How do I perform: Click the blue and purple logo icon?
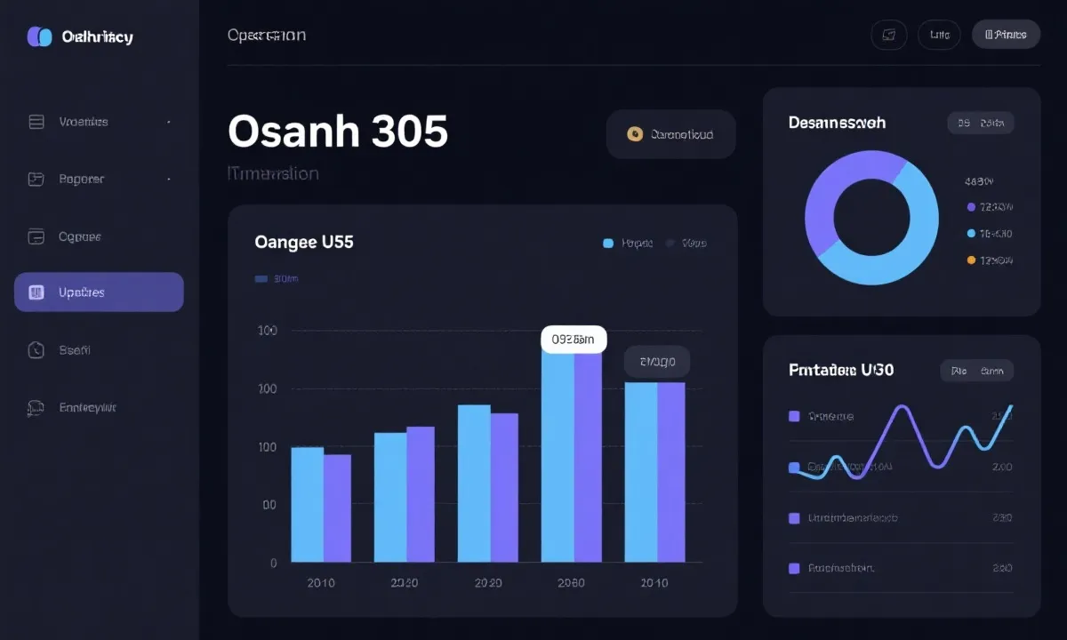(x=40, y=36)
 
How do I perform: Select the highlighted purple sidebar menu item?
(x=99, y=292)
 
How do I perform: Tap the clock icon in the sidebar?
(x=36, y=350)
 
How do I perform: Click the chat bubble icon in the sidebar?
(x=36, y=408)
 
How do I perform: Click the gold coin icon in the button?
(x=634, y=134)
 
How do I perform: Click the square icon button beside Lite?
(x=887, y=35)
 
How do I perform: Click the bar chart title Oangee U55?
(x=304, y=242)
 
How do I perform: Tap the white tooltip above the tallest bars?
(x=574, y=339)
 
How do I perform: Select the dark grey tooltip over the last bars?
(x=656, y=362)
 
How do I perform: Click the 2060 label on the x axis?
(x=571, y=583)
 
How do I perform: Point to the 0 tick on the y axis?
(x=273, y=563)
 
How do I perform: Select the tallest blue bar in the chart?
(x=558, y=453)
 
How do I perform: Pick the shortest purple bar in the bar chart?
(x=337, y=508)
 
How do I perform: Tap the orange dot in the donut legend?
(x=971, y=260)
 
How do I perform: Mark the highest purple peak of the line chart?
(x=902, y=409)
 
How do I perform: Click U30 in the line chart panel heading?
(x=877, y=370)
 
